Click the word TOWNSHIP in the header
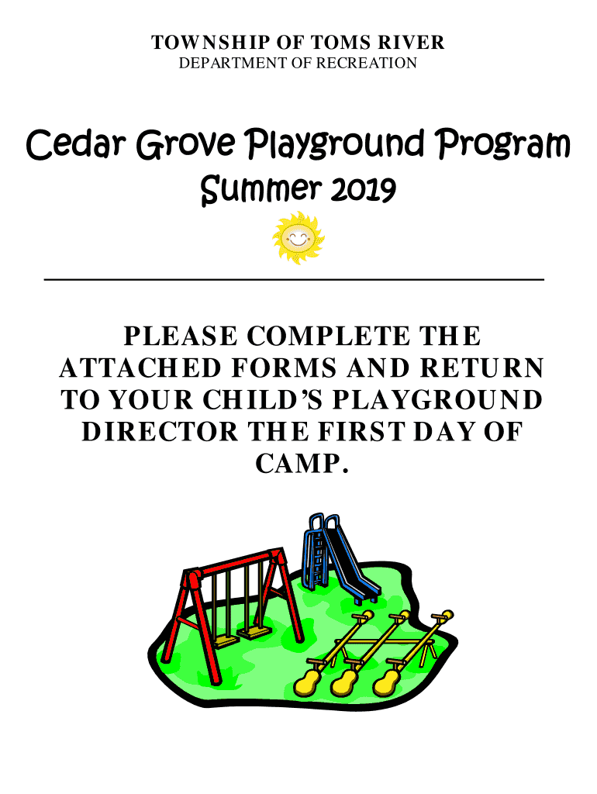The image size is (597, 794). click(210, 43)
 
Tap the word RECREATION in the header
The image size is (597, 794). click(367, 64)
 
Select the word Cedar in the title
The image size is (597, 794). click(76, 144)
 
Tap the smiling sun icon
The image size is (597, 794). click(298, 237)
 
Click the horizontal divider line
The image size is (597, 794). click(294, 279)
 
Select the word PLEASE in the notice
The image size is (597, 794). click(181, 337)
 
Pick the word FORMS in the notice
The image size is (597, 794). click(284, 368)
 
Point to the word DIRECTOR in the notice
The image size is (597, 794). click(160, 432)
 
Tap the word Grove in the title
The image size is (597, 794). click(186, 144)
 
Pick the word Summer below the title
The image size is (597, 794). click(261, 190)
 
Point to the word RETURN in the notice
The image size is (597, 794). click(482, 368)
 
